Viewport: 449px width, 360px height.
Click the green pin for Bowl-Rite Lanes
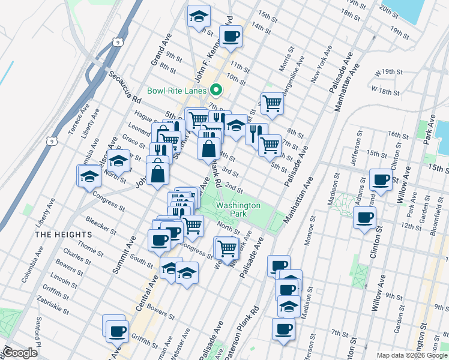coord(217,91)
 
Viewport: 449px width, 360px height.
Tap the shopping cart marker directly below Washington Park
coord(227,247)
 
